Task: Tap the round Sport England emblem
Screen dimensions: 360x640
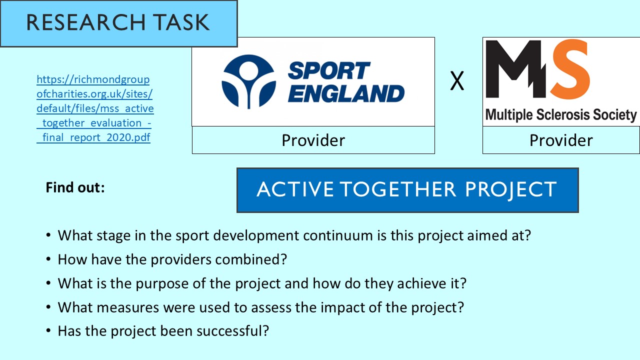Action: point(248,81)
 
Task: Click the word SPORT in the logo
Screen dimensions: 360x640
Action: point(328,71)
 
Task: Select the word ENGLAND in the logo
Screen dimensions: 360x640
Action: point(346,93)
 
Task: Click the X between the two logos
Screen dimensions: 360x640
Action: point(457,81)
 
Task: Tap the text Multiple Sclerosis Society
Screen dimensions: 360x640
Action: point(561,115)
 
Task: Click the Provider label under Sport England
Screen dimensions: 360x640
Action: point(313,140)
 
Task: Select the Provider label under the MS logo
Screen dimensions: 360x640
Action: point(561,140)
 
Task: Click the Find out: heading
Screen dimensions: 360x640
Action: point(75,187)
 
